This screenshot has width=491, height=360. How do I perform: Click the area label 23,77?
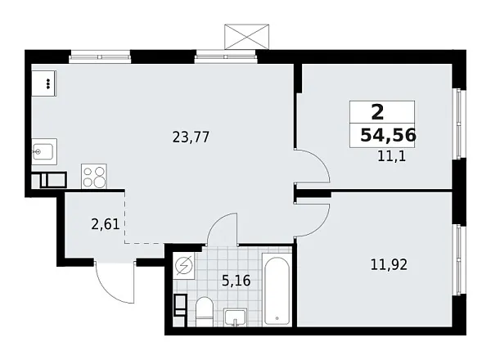tap(192, 138)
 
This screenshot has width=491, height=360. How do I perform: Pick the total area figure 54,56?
tap(387, 136)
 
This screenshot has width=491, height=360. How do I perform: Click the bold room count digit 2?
tap(377, 112)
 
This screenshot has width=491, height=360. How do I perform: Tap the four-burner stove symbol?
tap(93, 177)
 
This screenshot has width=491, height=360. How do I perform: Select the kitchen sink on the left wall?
tap(43, 151)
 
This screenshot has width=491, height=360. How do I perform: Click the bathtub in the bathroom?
tap(276, 290)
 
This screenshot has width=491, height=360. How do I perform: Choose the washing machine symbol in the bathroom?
tap(185, 268)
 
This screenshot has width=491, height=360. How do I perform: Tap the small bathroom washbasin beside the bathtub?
tap(236, 317)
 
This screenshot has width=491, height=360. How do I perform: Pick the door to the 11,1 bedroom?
tap(313, 168)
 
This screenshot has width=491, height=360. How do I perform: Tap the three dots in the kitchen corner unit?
tap(47, 83)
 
